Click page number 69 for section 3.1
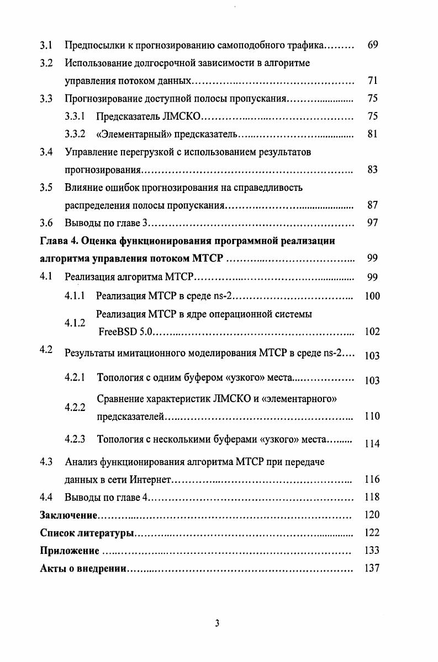click(372, 45)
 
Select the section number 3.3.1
click(73, 116)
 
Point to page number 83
click(372, 169)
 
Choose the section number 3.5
click(46, 188)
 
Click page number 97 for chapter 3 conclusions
click(372, 223)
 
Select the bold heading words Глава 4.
click(60, 241)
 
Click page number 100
click(372, 296)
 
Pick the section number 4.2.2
click(75, 408)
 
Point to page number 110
click(372, 417)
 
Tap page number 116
click(372, 479)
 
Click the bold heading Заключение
click(69, 515)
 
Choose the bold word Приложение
click(70, 551)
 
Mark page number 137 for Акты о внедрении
click(372, 568)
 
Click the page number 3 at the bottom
click(217, 623)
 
